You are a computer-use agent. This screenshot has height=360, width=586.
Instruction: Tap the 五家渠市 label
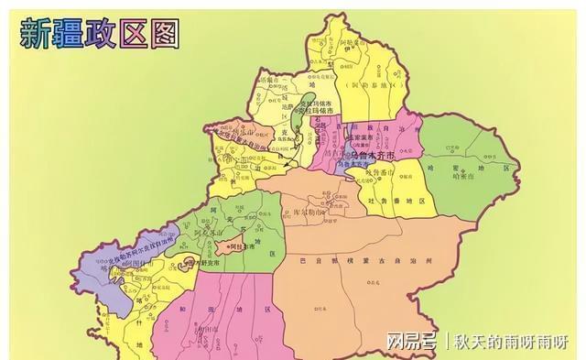(x=353, y=145)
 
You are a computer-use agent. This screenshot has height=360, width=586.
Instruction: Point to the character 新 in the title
(x=36, y=34)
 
